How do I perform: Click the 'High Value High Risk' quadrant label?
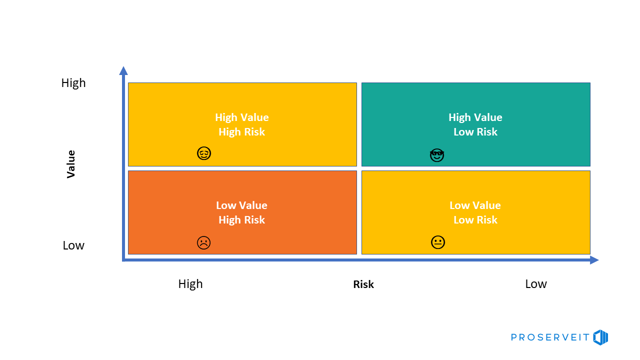click(x=242, y=124)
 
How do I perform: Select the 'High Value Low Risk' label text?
click(x=475, y=124)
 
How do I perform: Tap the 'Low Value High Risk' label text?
click(x=242, y=212)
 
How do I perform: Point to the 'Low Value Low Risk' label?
click(x=475, y=212)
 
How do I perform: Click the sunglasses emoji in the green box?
click(x=437, y=155)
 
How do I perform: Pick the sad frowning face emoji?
click(x=203, y=243)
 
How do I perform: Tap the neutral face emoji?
click(x=438, y=242)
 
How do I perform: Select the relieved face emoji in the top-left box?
click(x=204, y=153)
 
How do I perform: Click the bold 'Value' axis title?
click(x=71, y=164)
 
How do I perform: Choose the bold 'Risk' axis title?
click(x=363, y=284)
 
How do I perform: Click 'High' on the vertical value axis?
click(x=73, y=83)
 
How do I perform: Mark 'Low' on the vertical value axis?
click(x=73, y=245)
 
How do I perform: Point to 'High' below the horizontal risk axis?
click(x=190, y=284)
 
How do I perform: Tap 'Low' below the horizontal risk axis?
click(x=536, y=284)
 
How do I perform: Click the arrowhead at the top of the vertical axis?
click(x=123, y=70)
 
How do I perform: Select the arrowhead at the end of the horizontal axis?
click(x=594, y=260)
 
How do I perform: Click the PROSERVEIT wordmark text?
click(x=550, y=338)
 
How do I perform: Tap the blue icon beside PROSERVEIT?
click(x=600, y=337)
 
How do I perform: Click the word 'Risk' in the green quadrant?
click(x=487, y=132)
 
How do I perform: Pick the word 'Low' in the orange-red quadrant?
click(x=225, y=205)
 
